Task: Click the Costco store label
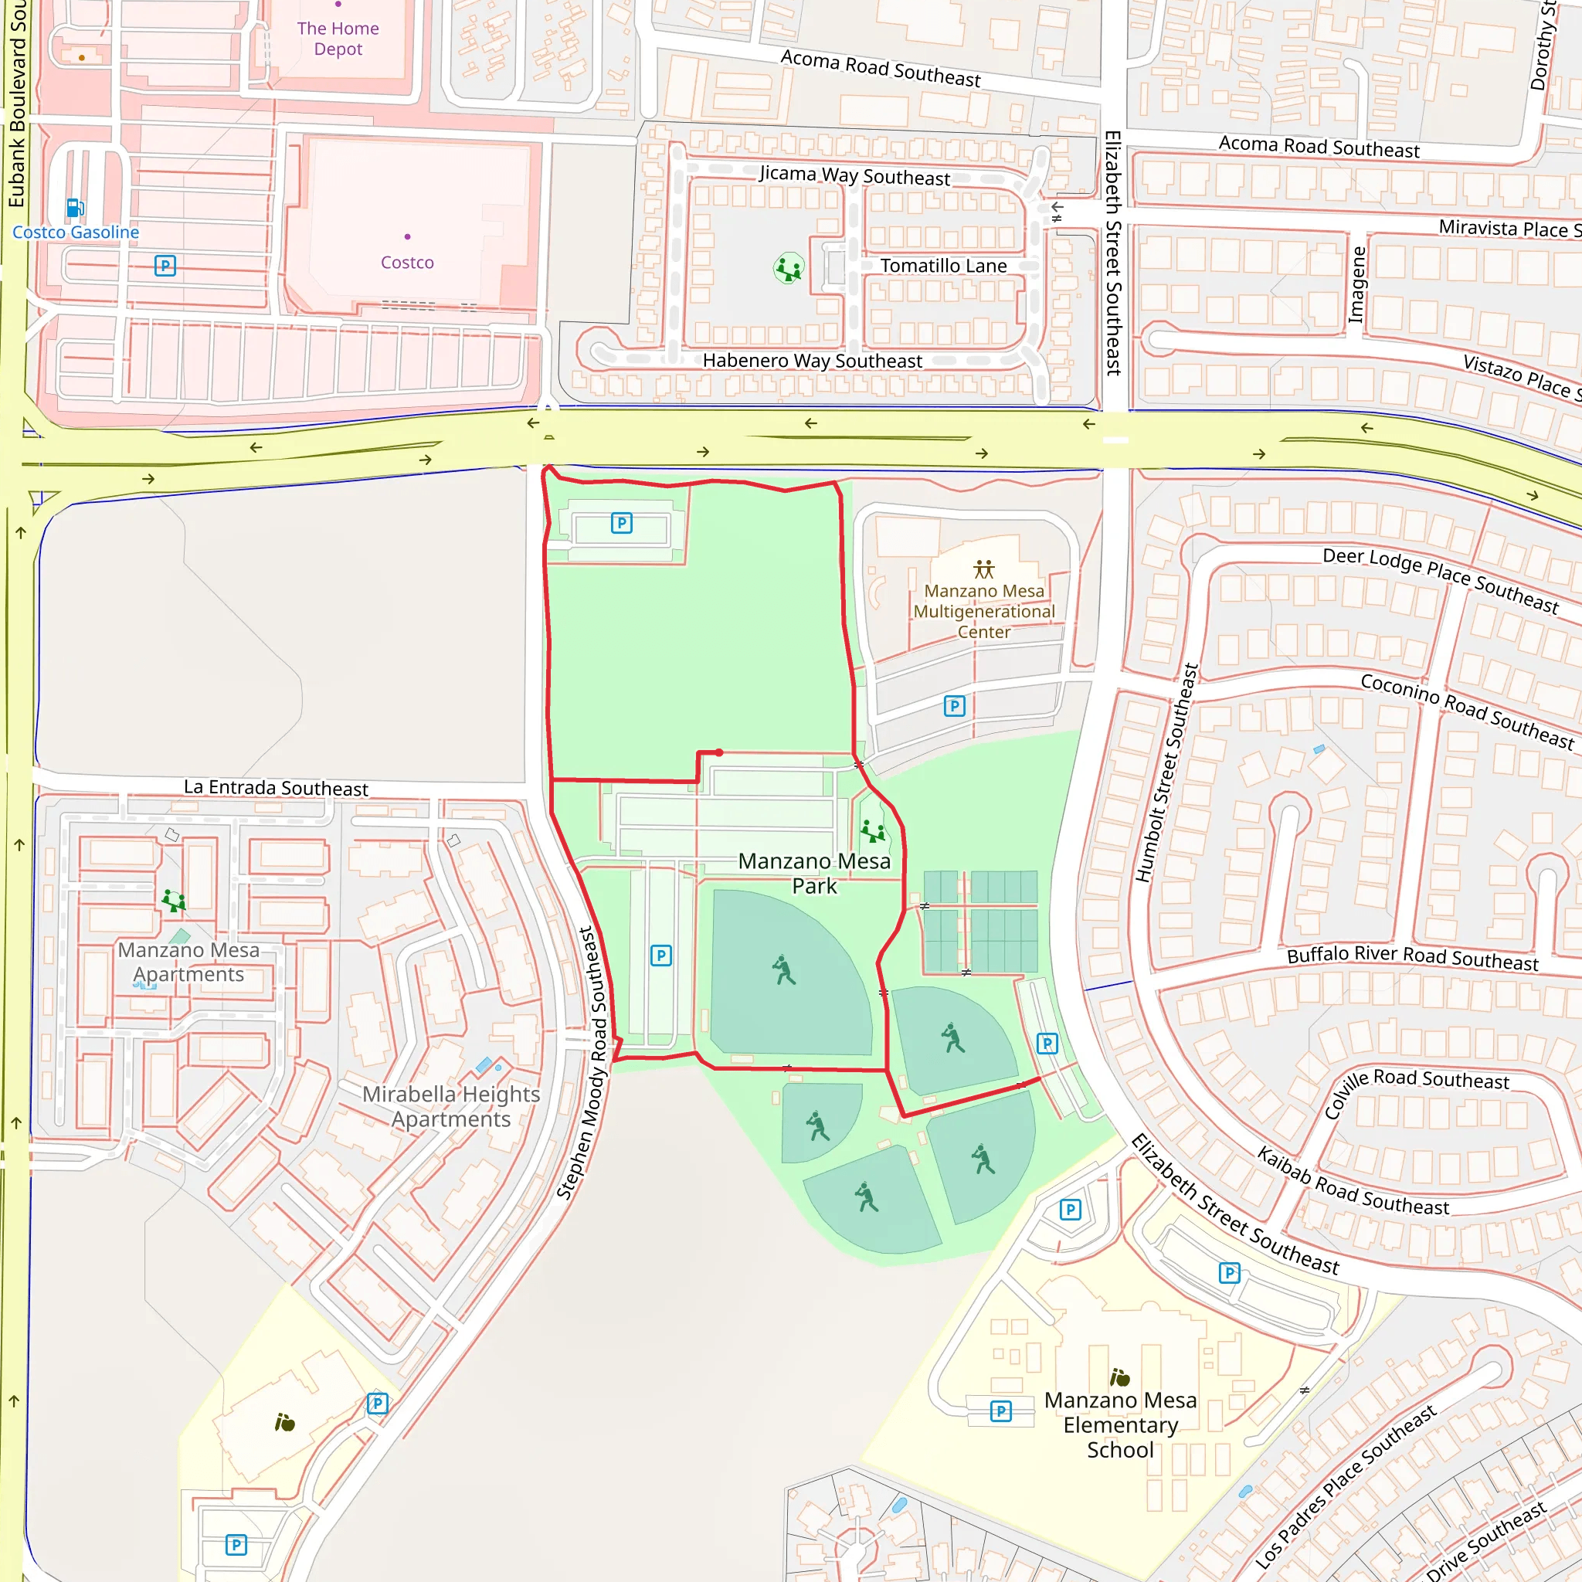tap(407, 262)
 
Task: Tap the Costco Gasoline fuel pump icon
tap(74, 207)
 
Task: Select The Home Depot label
tap(338, 39)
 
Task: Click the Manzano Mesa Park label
tap(814, 874)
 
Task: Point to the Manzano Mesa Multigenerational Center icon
tap(983, 569)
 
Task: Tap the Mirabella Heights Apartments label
tap(451, 1106)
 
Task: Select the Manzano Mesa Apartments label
tap(188, 962)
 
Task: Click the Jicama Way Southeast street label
tap(854, 175)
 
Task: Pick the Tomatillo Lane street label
tap(943, 266)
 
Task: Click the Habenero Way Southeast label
tap(812, 361)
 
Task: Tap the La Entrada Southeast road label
tap(276, 788)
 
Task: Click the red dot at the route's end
tap(719, 752)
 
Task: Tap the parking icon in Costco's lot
tap(165, 265)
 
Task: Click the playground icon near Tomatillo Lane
tap(789, 268)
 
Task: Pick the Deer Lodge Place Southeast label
tap(1441, 579)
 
